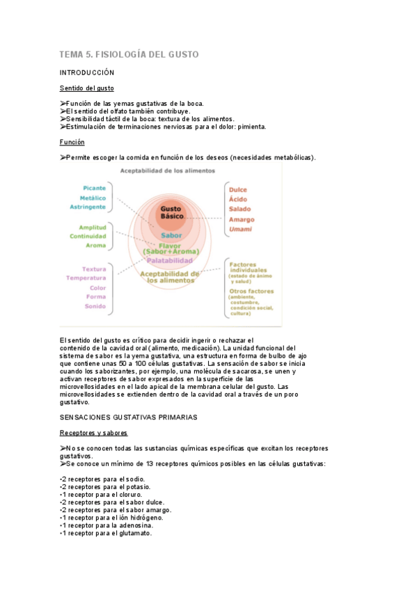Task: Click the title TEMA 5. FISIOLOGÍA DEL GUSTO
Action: (129, 54)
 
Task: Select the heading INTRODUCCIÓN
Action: (87, 72)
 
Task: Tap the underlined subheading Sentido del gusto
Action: (87, 88)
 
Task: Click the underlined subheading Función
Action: (72, 142)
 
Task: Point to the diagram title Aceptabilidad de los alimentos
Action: (162, 170)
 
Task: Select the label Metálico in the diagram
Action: (93, 198)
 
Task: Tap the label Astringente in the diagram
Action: (88, 207)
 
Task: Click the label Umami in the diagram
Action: (240, 229)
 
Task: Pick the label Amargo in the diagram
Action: (242, 219)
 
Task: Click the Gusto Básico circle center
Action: (171, 212)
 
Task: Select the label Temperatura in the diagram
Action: (86, 278)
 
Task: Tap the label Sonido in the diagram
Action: (95, 306)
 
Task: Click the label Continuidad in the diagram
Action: (88, 236)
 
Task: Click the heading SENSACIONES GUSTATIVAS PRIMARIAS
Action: (129, 417)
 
